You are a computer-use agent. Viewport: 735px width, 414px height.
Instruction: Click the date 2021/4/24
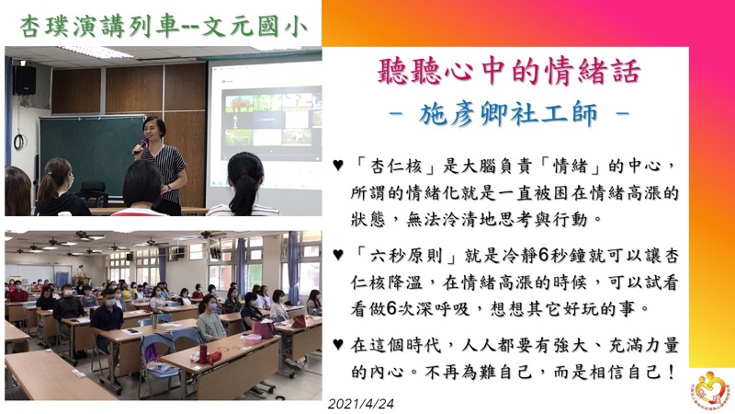tap(361, 404)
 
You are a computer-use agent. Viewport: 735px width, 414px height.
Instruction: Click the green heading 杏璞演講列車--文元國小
tap(164, 27)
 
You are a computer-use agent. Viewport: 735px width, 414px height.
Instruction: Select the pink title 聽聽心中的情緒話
tap(509, 71)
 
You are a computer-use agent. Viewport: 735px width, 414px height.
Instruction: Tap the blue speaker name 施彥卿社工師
tap(509, 114)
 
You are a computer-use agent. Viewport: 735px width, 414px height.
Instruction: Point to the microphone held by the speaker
tap(141, 145)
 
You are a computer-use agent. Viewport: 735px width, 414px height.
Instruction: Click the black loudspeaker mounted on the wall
tap(24, 80)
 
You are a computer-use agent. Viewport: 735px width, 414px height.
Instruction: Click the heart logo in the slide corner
tap(710, 388)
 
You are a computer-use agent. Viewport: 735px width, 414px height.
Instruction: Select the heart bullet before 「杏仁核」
tap(338, 166)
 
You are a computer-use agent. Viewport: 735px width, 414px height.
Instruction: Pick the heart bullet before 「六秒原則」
tap(338, 255)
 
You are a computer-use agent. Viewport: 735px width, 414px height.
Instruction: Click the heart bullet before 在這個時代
tap(338, 344)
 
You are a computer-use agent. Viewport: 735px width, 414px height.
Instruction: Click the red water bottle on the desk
tap(203, 353)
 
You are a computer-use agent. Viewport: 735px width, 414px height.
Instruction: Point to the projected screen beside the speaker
tap(266, 132)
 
